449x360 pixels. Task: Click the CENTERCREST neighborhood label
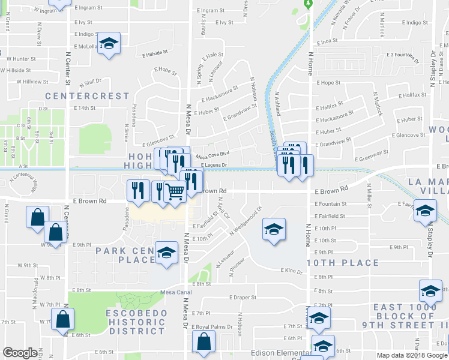[88, 96]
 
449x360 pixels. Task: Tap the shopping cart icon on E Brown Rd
[175, 192]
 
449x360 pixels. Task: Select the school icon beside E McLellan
[109, 43]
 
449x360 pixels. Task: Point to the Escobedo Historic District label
[135, 322]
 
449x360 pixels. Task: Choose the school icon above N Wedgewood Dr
[274, 229]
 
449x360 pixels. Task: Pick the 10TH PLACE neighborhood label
[343, 263]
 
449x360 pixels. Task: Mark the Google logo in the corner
[20, 353]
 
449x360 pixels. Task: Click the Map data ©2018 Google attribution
[411, 355]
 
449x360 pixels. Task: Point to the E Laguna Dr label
[215, 165]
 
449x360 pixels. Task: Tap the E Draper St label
[243, 297]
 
